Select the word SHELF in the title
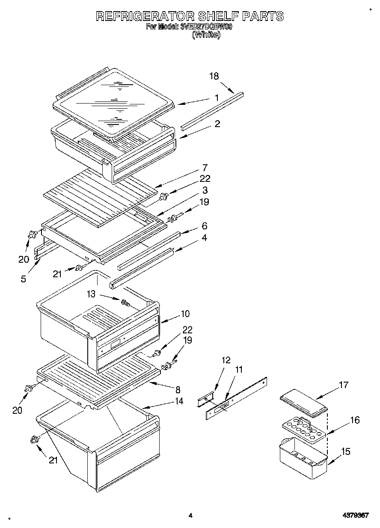pos(218,16)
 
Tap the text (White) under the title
pos(206,36)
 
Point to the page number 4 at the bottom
pos(190,516)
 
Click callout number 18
pos(214,76)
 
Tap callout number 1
pos(217,98)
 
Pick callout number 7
pos(205,167)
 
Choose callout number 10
pos(185,314)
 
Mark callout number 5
pos(23,279)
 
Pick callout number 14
pos(179,401)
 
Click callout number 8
pos(178,390)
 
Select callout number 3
pos(205,190)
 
